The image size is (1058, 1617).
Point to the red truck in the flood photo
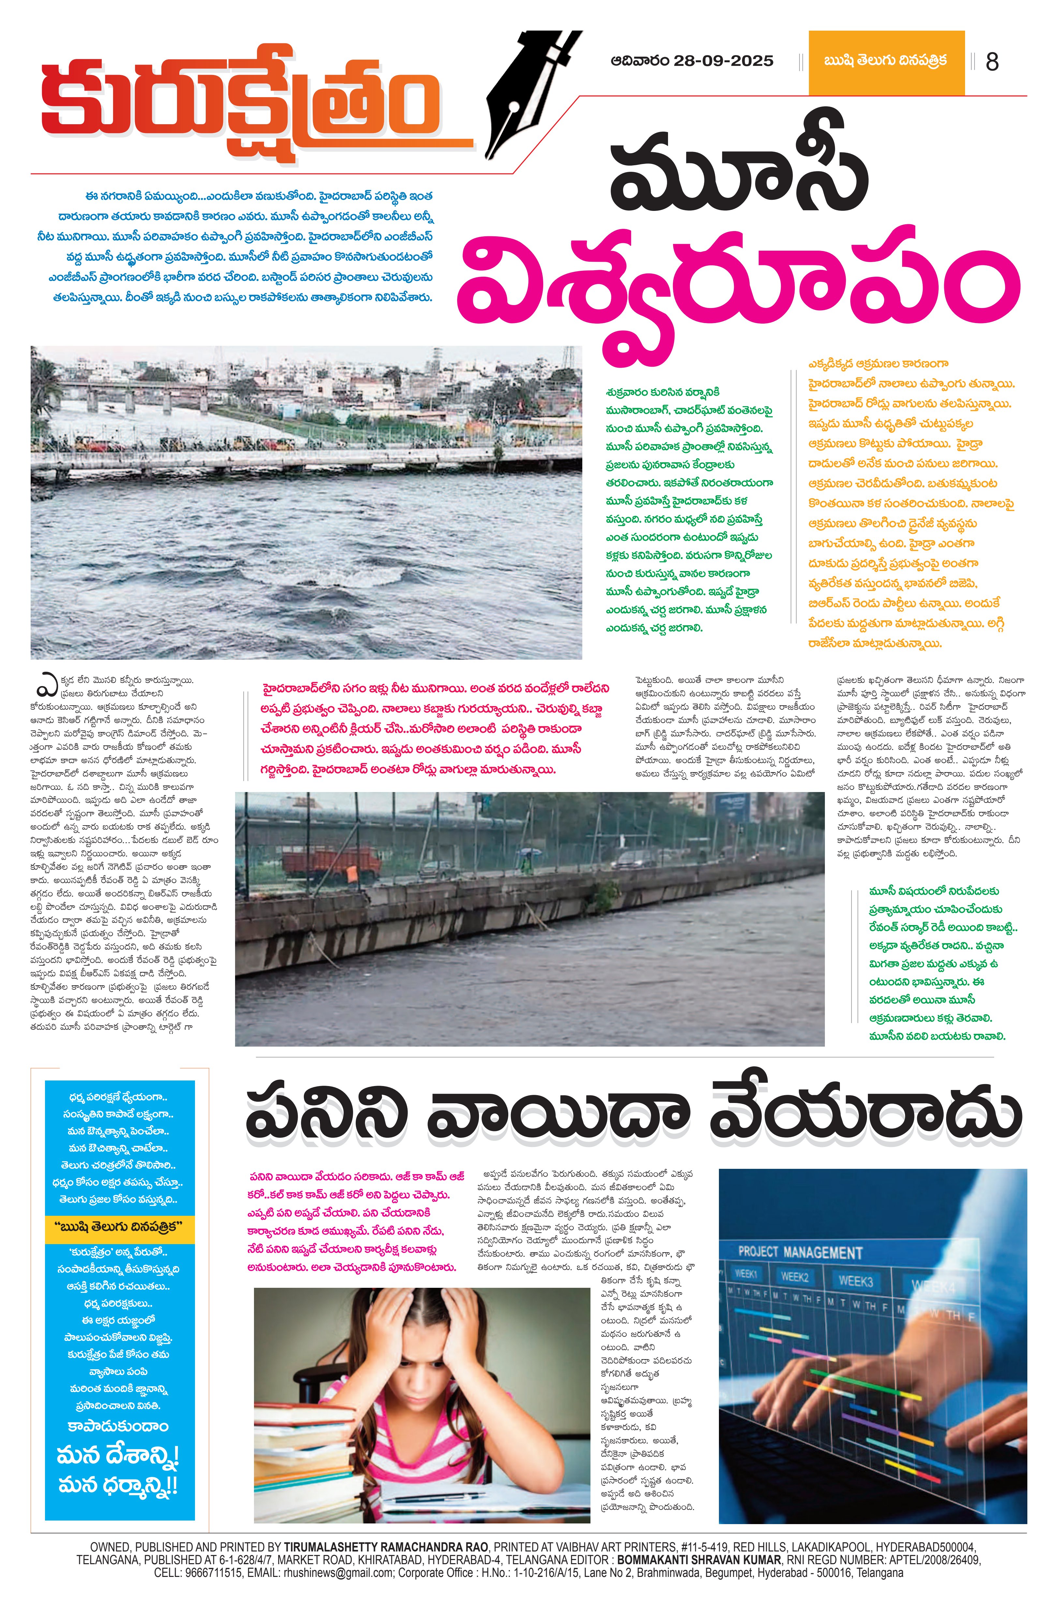click(x=331, y=864)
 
